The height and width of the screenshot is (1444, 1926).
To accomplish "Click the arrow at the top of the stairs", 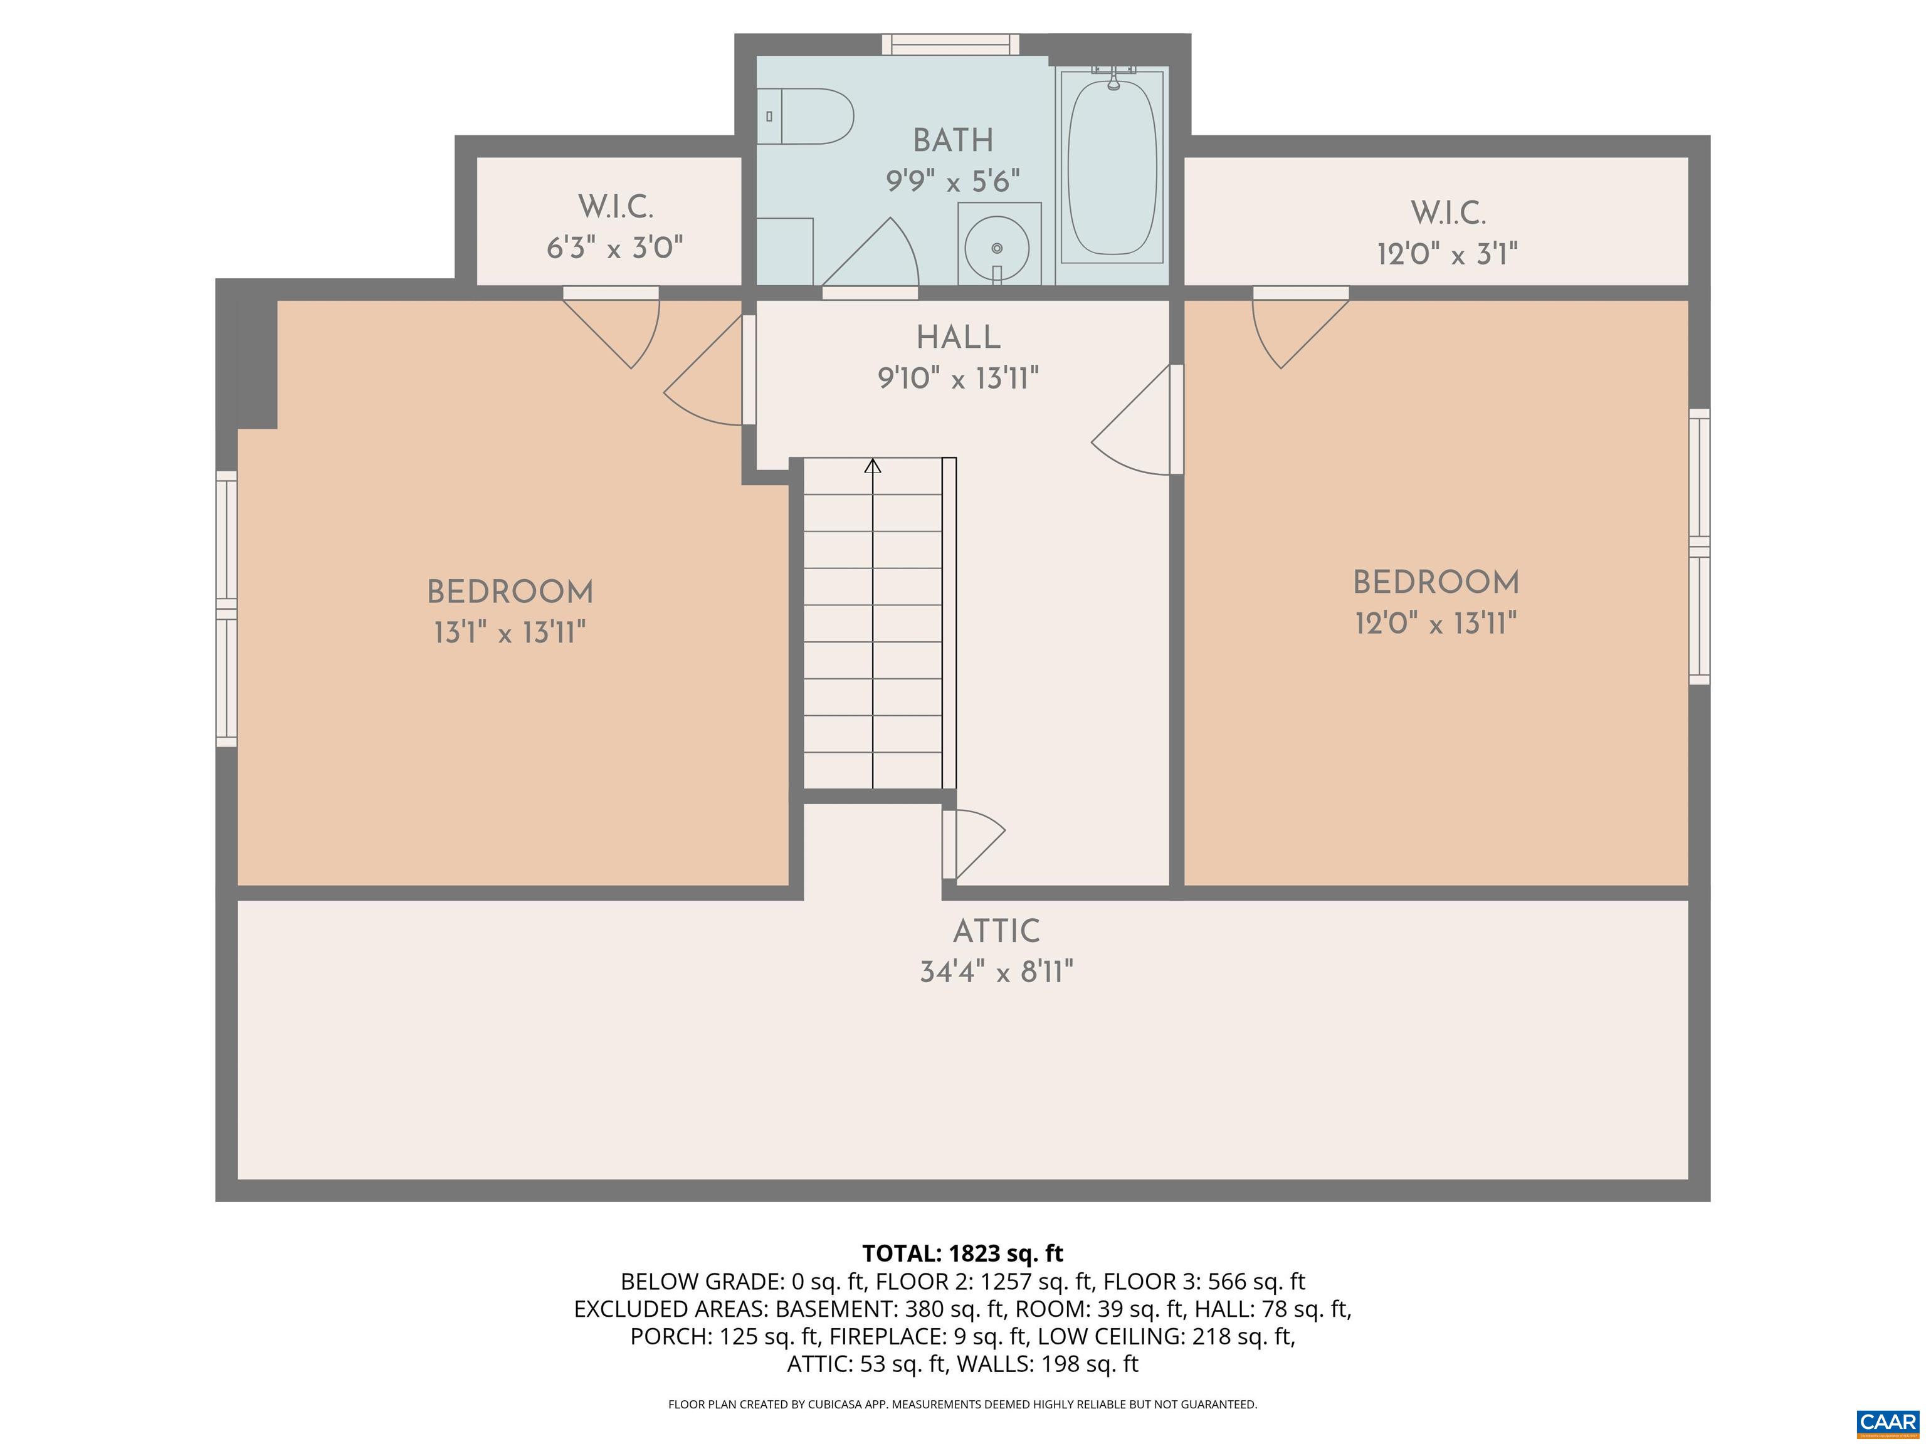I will pyautogui.click(x=873, y=466).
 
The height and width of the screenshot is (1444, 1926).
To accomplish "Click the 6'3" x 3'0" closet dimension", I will pyautogui.click(x=614, y=249).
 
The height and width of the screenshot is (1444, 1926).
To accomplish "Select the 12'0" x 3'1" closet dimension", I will pyautogui.click(x=1447, y=254).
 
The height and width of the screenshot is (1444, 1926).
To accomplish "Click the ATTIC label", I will pyautogui.click(x=996, y=931).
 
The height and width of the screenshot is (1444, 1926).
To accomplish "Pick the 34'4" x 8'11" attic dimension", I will pyautogui.click(x=996, y=972).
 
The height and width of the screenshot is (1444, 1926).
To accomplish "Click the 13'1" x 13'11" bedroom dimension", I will pyautogui.click(x=509, y=633).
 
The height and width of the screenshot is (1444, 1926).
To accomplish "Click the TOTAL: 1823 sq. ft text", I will pyautogui.click(x=962, y=1253).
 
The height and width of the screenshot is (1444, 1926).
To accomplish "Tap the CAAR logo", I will pyautogui.click(x=1887, y=1422).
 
